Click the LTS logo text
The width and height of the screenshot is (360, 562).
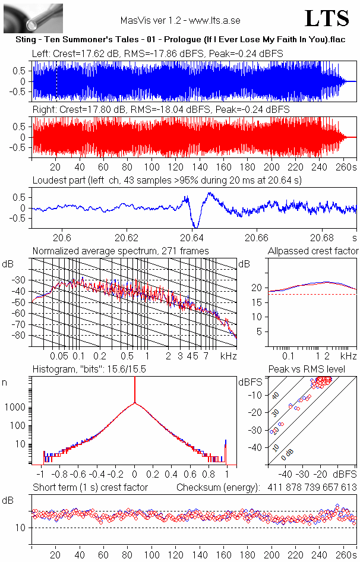point(327,18)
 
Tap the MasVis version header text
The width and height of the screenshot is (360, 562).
point(180,20)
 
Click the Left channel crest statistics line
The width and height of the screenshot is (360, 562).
point(157,53)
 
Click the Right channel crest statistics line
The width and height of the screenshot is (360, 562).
point(161,110)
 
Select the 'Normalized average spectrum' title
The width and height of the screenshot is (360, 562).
point(121,251)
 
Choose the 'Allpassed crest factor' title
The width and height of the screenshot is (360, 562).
point(313,251)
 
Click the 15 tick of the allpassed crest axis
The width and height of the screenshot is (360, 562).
point(258,302)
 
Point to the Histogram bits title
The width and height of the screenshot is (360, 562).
point(89,370)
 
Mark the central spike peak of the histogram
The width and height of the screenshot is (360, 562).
point(135,380)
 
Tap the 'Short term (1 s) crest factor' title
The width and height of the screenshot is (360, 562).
point(90,487)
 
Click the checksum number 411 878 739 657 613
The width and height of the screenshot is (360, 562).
point(311,487)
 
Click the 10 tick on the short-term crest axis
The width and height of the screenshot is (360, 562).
point(20,528)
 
